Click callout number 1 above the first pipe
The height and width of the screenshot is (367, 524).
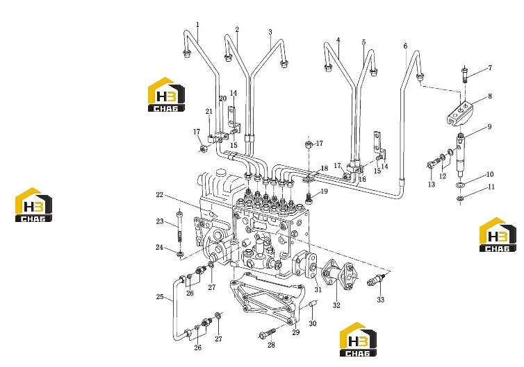point(197,25)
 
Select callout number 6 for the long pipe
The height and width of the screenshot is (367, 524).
point(405,46)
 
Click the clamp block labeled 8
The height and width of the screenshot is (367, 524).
point(461,114)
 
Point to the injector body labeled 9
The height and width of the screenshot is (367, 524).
point(461,155)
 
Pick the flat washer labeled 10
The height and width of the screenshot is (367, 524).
point(461,185)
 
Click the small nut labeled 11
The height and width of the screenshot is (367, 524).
point(460,199)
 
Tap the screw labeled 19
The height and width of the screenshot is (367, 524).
point(309,198)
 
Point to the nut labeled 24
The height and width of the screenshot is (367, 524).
point(180,255)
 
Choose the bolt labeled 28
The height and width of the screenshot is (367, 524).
point(268,333)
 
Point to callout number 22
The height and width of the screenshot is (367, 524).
point(159,195)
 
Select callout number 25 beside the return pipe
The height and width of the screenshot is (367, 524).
point(160,297)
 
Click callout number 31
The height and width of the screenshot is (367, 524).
point(318,289)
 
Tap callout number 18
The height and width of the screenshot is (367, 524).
point(324,168)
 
